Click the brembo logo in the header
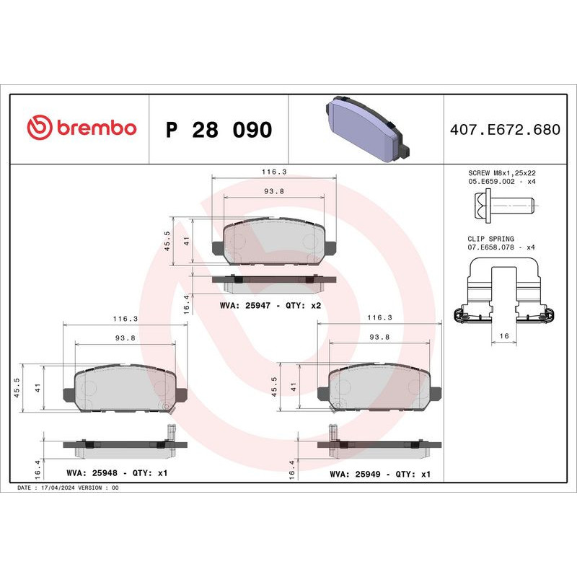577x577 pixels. click(81, 128)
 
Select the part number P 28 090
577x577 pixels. click(219, 131)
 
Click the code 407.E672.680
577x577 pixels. click(504, 131)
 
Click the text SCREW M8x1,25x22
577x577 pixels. click(501, 173)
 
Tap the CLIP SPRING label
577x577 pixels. click(491, 238)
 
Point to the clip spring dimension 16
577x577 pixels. click(503, 337)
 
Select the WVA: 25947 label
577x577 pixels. click(244, 306)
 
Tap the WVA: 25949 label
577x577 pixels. click(354, 474)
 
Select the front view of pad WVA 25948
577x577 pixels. click(125, 389)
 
